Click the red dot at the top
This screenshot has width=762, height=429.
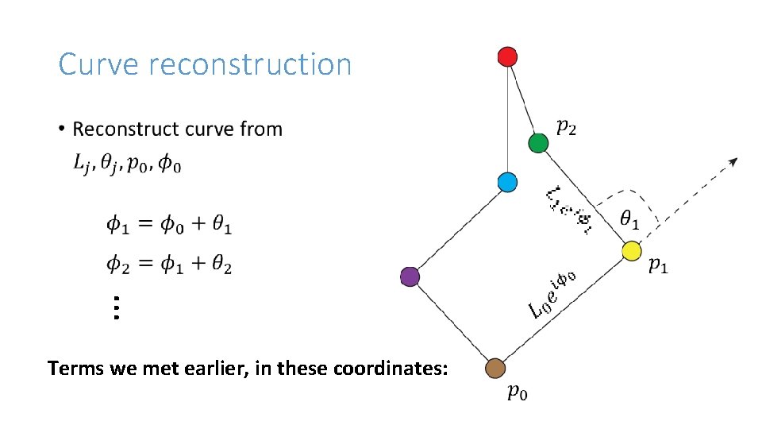point(507,56)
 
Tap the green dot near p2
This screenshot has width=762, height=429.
point(538,143)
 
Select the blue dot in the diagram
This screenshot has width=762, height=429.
point(507,182)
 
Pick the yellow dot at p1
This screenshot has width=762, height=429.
point(631,251)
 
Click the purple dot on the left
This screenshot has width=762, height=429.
point(410,276)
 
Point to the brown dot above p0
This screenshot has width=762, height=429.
point(495,368)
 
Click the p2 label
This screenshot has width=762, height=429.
point(566,127)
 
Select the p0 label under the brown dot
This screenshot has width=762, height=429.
point(516,392)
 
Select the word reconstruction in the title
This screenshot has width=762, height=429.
point(249,64)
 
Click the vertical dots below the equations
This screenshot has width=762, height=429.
point(115,307)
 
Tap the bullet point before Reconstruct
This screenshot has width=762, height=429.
point(61,129)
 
